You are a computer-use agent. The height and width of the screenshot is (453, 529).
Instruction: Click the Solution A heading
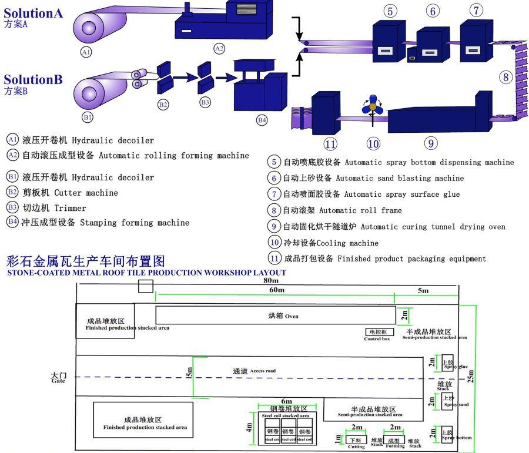34,13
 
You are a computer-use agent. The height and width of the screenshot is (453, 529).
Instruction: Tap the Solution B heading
34,79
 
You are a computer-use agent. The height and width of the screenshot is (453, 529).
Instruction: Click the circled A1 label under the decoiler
86,52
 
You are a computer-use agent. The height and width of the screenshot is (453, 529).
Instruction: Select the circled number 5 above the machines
391,11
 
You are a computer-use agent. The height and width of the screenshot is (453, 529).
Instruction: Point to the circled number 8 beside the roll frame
506,76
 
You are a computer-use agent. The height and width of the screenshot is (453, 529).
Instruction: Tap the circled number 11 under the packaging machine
331,143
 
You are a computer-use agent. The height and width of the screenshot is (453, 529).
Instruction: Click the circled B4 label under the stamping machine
262,120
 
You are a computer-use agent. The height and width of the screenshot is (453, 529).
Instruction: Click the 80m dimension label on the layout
271,281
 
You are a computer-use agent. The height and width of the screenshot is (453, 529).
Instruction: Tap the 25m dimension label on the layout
471,377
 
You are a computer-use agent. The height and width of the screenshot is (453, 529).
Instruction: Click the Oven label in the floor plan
284,316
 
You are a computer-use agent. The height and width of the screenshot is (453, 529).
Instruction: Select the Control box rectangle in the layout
377,332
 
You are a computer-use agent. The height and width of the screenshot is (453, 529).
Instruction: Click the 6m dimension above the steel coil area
286,401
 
